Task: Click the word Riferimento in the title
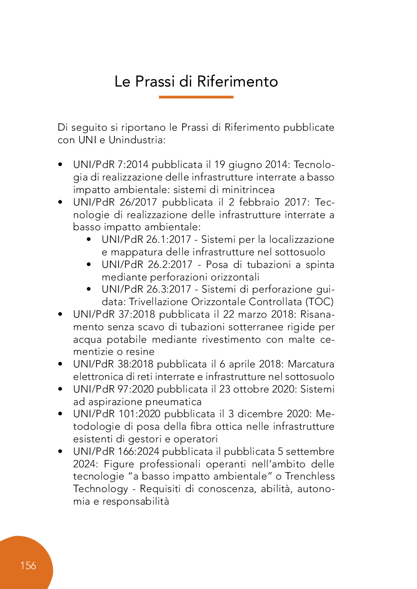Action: coord(237,81)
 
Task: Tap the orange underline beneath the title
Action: coord(196,97)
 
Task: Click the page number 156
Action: coord(28,566)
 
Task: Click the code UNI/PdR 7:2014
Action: coord(111,165)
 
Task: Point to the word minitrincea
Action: coord(248,190)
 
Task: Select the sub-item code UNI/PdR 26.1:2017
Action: coord(146,240)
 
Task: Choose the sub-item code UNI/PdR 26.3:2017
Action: coord(146,290)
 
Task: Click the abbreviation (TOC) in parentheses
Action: coord(320,302)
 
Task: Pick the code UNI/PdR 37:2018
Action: coord(114,315)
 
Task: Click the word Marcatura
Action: coord(311,364)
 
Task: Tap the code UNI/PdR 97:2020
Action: coord(114,389)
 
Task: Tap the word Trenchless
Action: coord(310,476)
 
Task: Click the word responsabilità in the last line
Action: coord(136,502)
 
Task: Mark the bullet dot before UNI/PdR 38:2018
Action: coord(60,364)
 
